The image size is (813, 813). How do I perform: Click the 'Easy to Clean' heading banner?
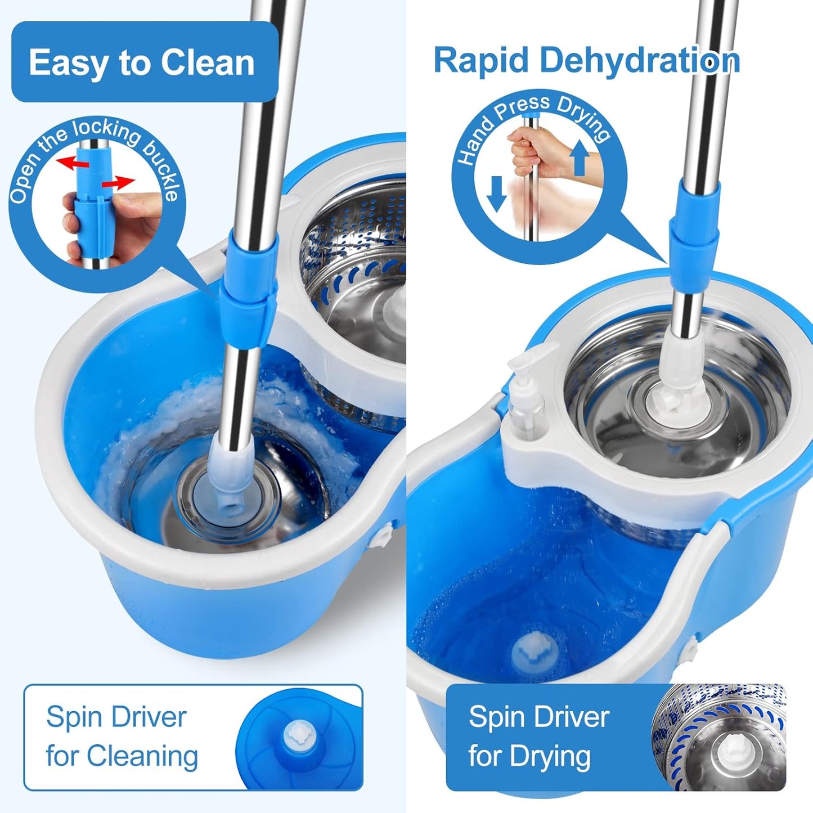[x=144, y=62]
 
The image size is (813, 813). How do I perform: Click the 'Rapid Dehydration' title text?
[x=586, y=60]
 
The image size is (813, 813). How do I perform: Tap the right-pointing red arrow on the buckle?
[x=119, y=182]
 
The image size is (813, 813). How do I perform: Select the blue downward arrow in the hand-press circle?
[x=496, y=193]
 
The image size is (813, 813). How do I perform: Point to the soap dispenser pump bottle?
[x=526, y=399]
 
